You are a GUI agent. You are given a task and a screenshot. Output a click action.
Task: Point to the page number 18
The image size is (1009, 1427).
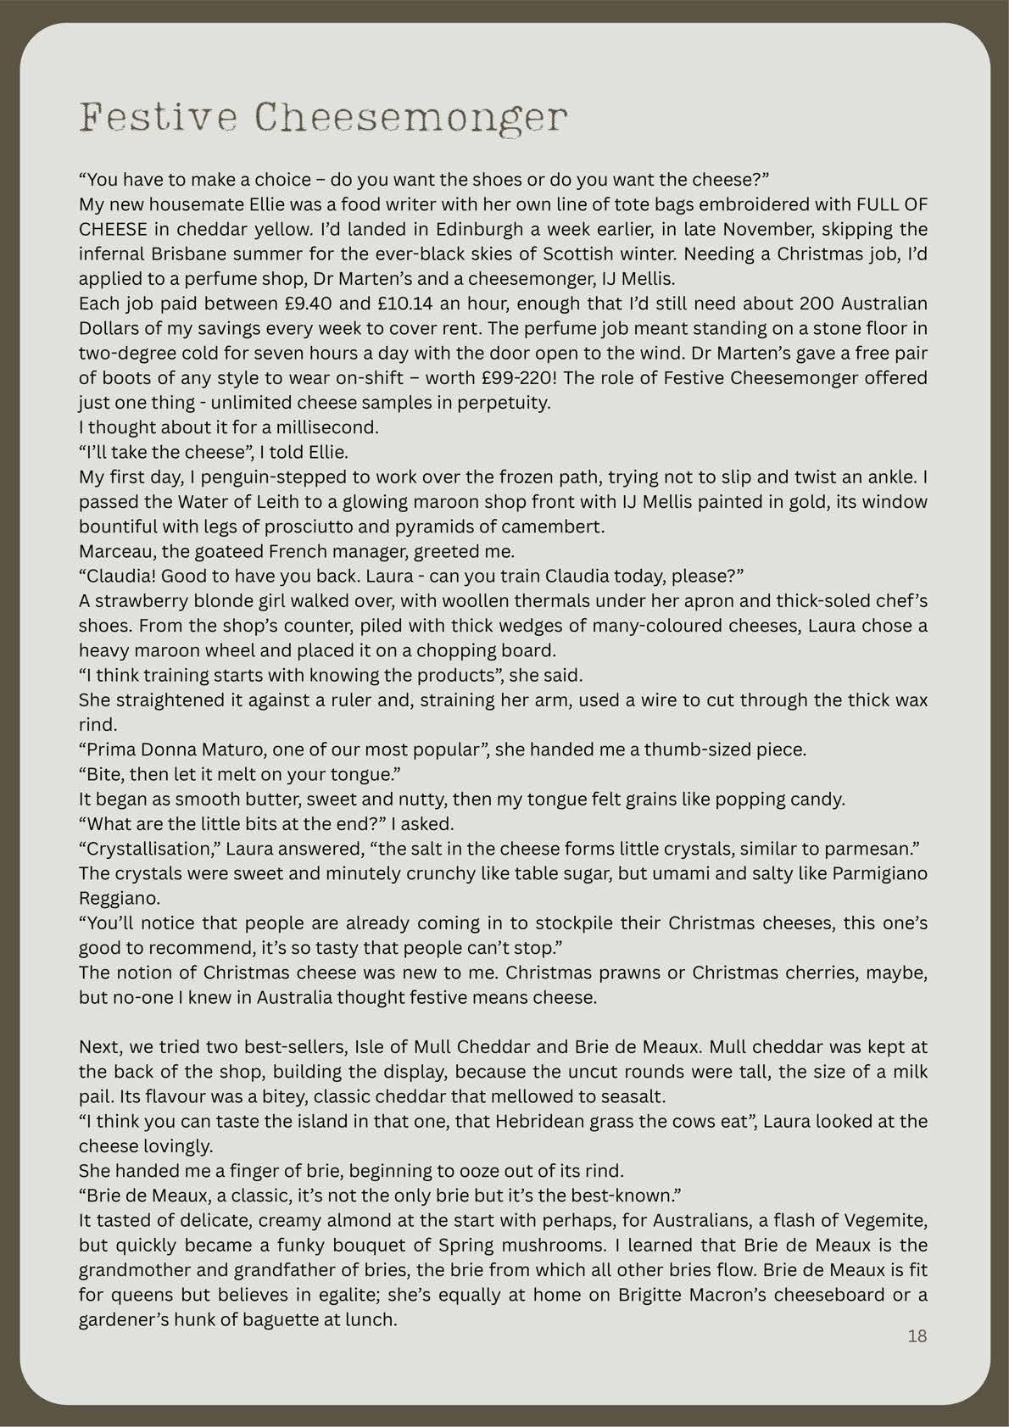click(x=917, y=1336)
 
